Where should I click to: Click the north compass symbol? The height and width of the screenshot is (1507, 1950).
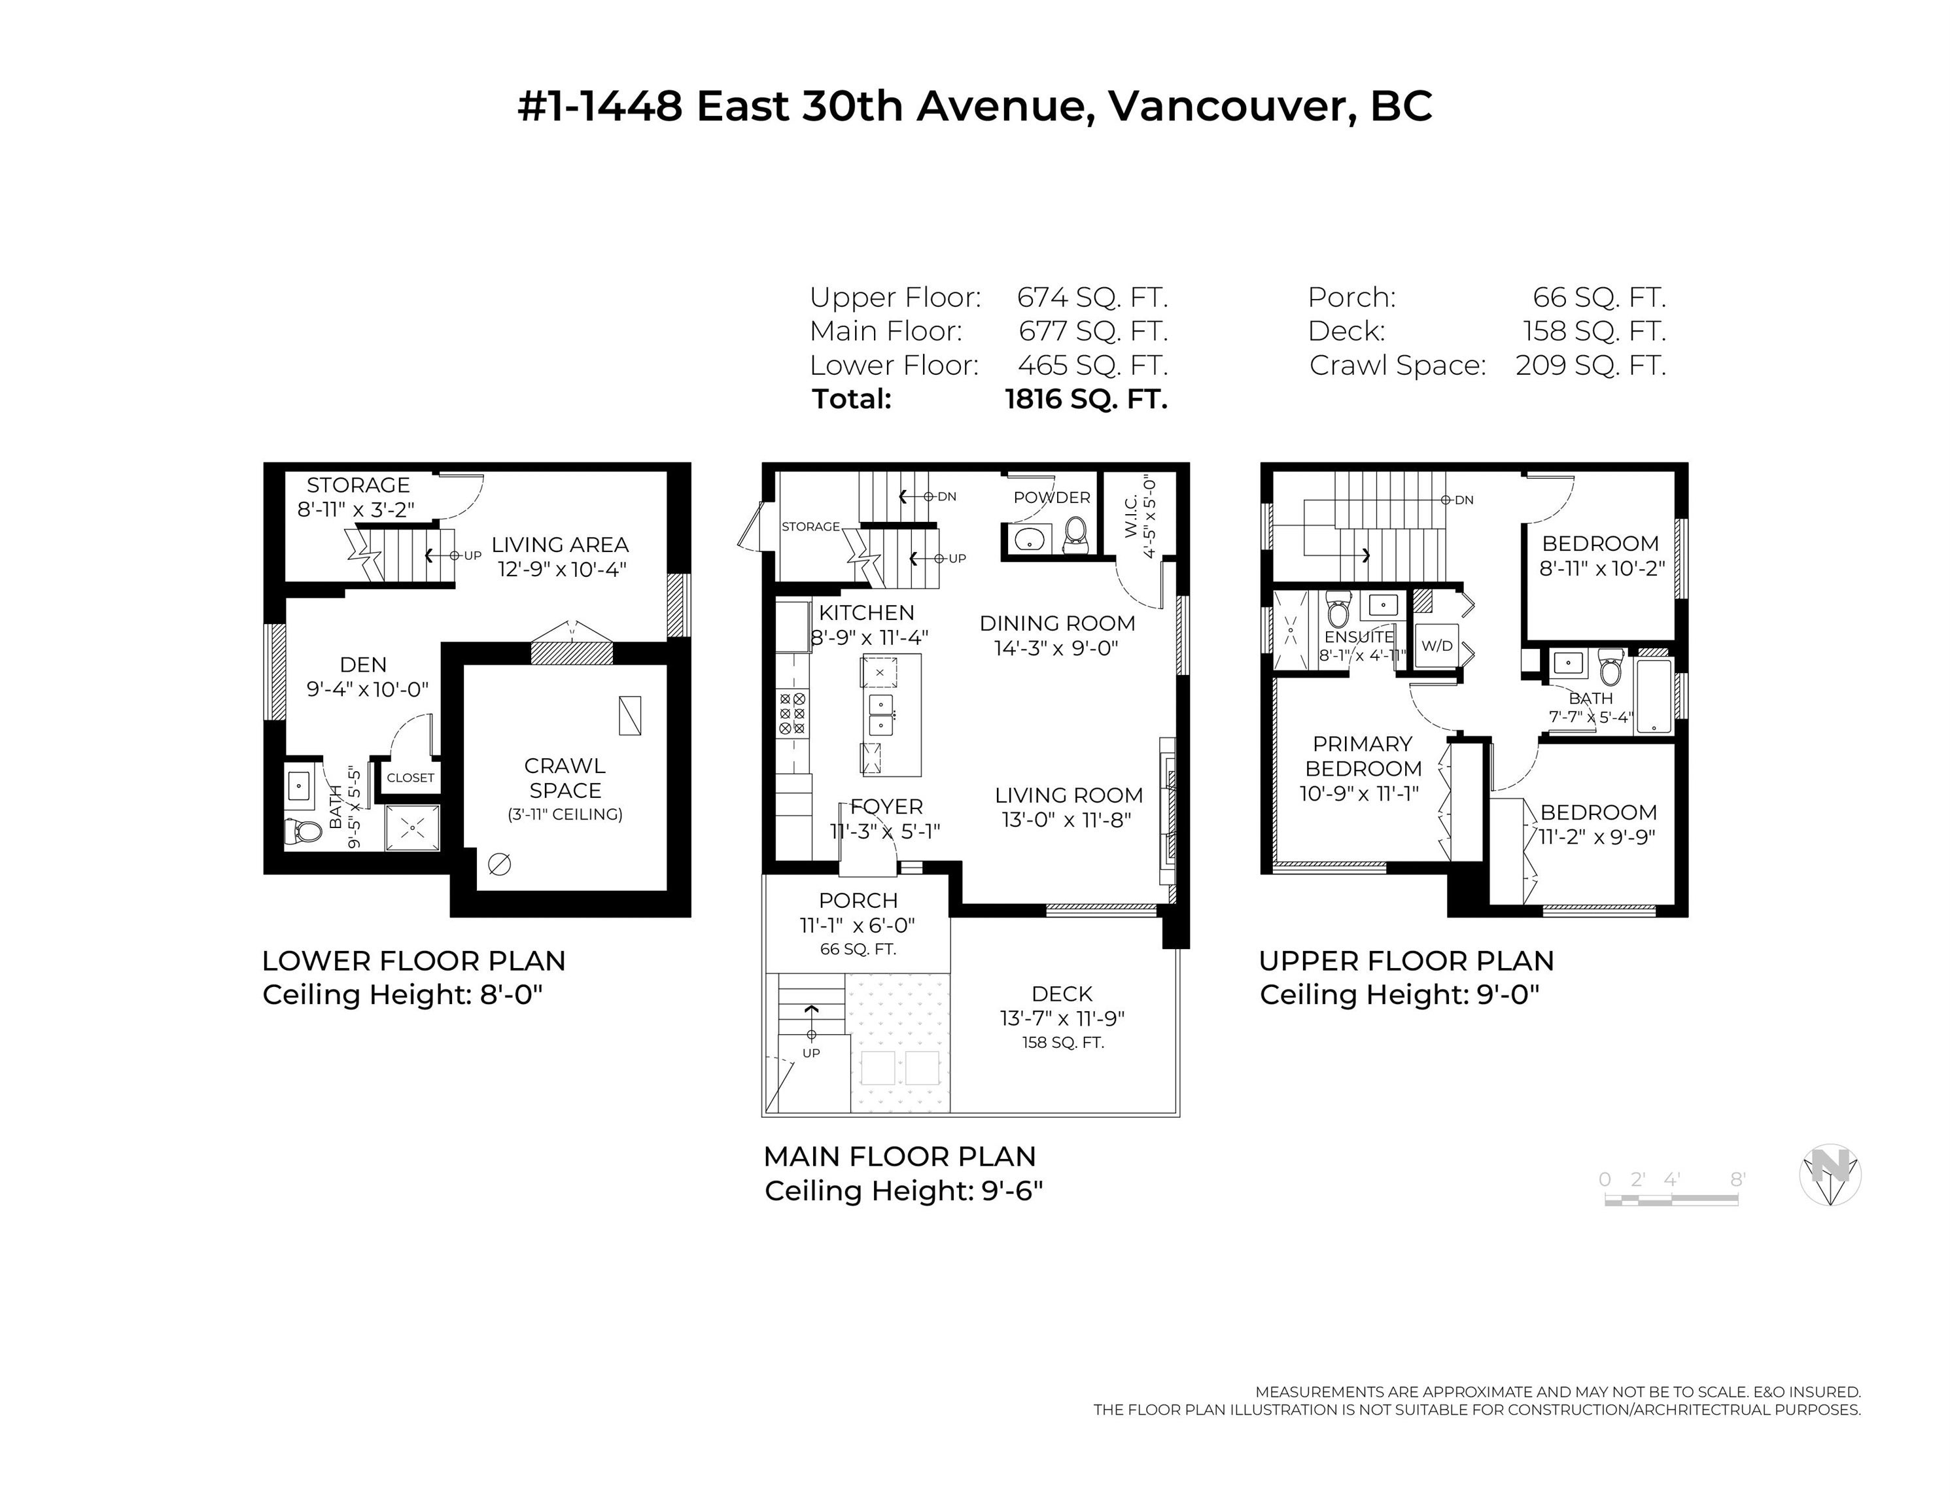(x=1830, y=1174)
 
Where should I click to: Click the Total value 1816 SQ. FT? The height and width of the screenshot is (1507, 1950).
(x=1086, y=399)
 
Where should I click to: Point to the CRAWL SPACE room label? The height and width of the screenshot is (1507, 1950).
(x=565, y=778)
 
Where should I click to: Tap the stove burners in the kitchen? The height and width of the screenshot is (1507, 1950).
(x=792, y=714)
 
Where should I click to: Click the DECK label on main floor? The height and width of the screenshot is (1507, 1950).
(x=1062, y=994)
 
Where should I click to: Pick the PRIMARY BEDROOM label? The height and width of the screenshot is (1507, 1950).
(x=1363, y=756)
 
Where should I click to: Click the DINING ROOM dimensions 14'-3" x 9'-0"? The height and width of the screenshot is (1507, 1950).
(x=1056, y=648)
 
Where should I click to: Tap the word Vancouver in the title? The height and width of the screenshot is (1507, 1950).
(x=1227, y=106)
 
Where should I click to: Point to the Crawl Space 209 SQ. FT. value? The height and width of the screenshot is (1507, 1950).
(x=1590, y=365)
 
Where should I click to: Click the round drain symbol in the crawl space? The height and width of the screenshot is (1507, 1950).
(x=499, y=863)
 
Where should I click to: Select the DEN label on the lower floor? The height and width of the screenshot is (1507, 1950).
(x=364, y=665)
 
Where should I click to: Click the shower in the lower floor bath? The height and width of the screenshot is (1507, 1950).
(x=413, y=827)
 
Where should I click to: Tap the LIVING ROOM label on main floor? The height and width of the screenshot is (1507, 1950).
(x=1069, y=795)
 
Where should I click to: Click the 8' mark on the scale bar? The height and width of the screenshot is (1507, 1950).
(x=1737, y=1179)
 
